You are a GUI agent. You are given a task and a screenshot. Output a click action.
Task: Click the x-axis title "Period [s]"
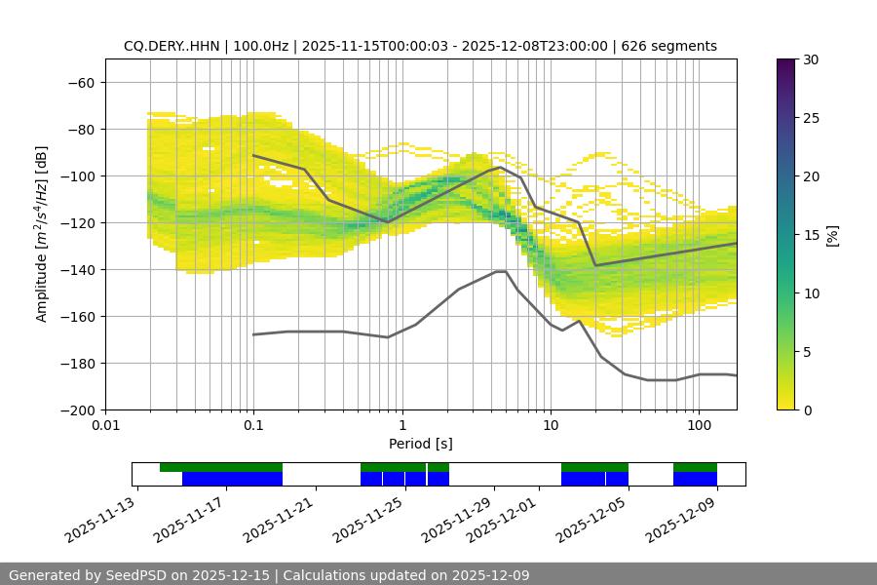[420, 444]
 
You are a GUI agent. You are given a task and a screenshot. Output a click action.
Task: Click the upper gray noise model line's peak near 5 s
[501, 167]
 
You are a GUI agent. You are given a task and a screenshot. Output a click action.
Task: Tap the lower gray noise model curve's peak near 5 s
[501, 271]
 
